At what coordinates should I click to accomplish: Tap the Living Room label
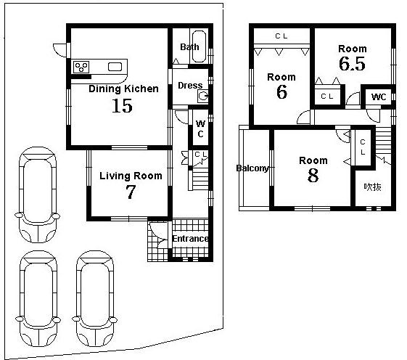(x=131, y=176)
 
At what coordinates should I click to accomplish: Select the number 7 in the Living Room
(x=131, y=192)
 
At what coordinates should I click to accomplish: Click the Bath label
(x=189, y=48)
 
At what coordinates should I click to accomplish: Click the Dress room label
(x=190, y=86)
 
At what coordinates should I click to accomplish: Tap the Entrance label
(x=190, y=239)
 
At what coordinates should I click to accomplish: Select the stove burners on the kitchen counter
(x=81, y=67)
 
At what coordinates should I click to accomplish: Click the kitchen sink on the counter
(x=115, y=67)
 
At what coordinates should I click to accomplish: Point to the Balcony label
(x=252, y=168)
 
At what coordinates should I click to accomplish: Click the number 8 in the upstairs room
(x=313, y=176)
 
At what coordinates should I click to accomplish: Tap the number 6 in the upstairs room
(x=281, y=92)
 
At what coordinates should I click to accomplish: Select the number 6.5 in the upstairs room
(x=352, y=65)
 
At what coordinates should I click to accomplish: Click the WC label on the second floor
(x=379, y=97)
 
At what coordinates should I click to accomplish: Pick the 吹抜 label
(x=373, y=187)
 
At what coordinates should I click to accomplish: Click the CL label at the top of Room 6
(x=281, y=36)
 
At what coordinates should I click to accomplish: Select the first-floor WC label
(x=200, y=128)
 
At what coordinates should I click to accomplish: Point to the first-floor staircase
(x=199, y=177)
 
